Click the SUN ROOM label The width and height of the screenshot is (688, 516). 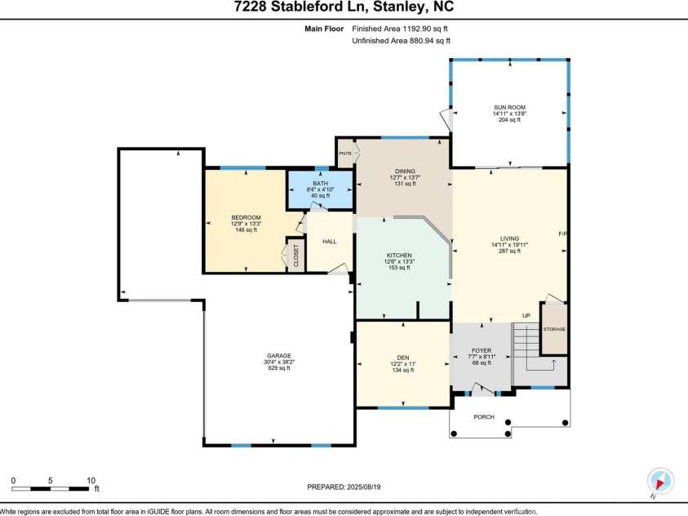coord(508,107)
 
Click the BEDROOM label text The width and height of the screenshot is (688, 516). coord(246,217)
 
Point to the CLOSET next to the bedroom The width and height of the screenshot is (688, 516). coord(295,255)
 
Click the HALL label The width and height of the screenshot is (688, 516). coord(329,242)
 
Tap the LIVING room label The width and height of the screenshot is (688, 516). coord(509,238)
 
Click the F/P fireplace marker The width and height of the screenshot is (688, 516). coord(562,234)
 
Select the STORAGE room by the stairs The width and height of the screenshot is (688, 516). coord(555,328)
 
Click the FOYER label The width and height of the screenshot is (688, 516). coord(481,349)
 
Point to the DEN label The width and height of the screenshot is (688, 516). coord(402,357)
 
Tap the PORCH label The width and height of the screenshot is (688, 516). coord(484,416)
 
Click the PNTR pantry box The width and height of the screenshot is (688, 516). coord(344,153)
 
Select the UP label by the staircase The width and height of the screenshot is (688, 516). coord(526,315)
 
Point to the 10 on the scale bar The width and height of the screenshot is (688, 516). coord(91,480)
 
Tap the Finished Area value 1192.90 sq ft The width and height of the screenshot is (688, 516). coord(401,29)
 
